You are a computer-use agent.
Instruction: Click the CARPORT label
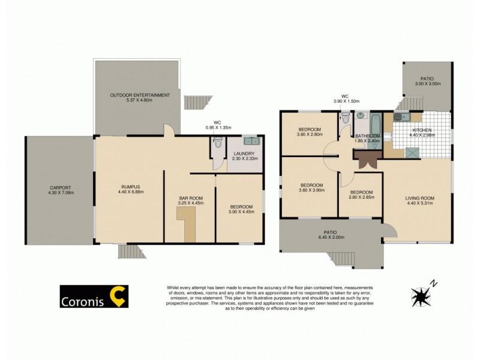59,187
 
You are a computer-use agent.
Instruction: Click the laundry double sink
251,142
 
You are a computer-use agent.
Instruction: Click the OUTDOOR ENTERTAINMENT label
140,95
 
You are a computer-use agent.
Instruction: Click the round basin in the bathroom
361,115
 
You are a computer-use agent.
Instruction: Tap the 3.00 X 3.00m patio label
428,84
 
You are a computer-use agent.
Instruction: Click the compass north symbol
422,295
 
